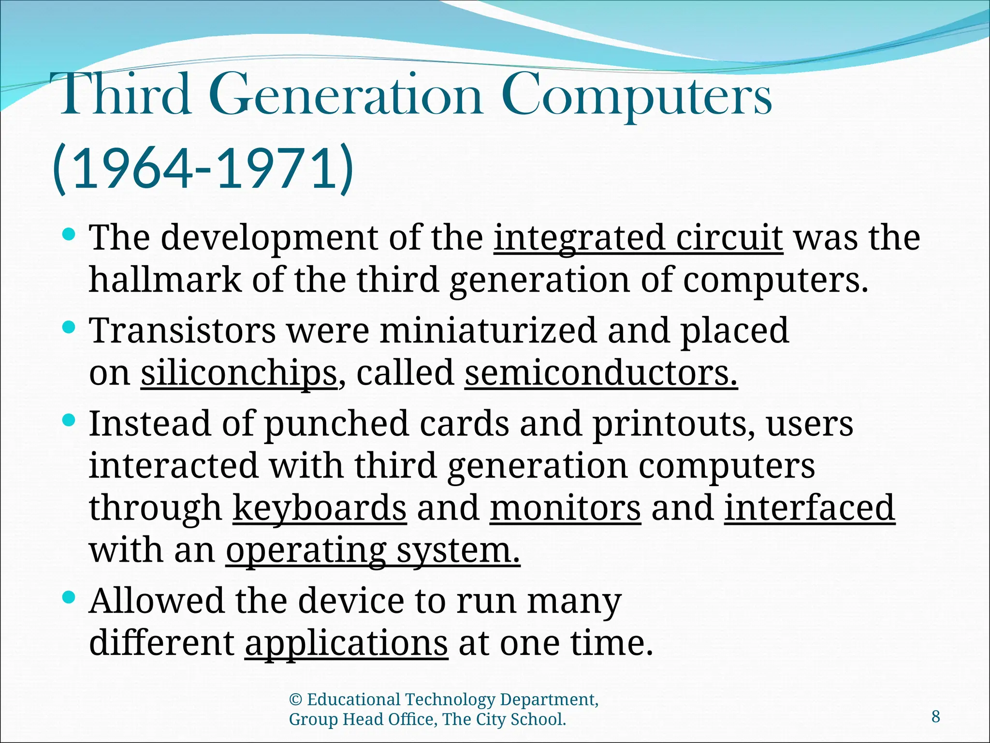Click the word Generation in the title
click(346, 97)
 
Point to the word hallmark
click(165, 280)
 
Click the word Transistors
click(183, 331)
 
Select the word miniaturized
click(488, 331)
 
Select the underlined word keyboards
click(320, 508)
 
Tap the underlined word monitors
click(565, 508)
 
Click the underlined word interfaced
click(809, 508)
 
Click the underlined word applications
click(346, 644)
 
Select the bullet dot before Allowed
click(69, 598)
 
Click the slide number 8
click(935, 716)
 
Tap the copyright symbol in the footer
click(295, 700)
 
